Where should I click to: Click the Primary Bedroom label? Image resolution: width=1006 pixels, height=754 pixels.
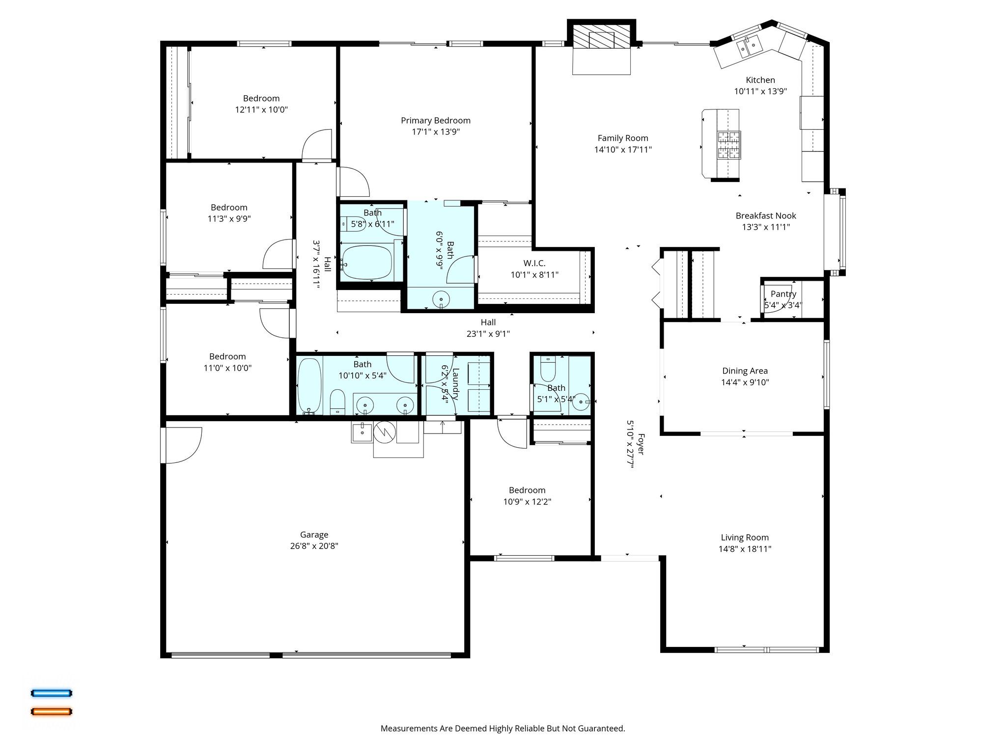point(435,120)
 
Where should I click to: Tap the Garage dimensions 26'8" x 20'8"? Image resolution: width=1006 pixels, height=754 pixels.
point(314,546)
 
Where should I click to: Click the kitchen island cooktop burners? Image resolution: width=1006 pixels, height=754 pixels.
point(729,145)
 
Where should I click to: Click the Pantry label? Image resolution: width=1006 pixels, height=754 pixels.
point(783,294)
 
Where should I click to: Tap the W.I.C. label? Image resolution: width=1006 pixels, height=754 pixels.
point(534,264)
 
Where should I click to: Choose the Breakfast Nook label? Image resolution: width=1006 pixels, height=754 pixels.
point(765,215)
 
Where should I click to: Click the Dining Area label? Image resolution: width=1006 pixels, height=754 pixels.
point(745,371)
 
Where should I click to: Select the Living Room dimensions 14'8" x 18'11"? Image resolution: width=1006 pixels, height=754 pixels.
point(745,549)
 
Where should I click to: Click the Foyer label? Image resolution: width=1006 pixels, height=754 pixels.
point(641,444)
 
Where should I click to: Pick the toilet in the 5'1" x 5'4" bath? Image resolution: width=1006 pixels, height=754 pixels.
point(548,370)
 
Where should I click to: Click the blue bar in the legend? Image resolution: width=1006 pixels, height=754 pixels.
point(52,693)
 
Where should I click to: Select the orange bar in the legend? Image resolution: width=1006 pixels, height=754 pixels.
point(52,711)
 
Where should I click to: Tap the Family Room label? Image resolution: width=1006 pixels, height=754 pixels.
point(622,138)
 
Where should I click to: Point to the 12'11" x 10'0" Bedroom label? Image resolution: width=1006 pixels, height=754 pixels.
point(261,98)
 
